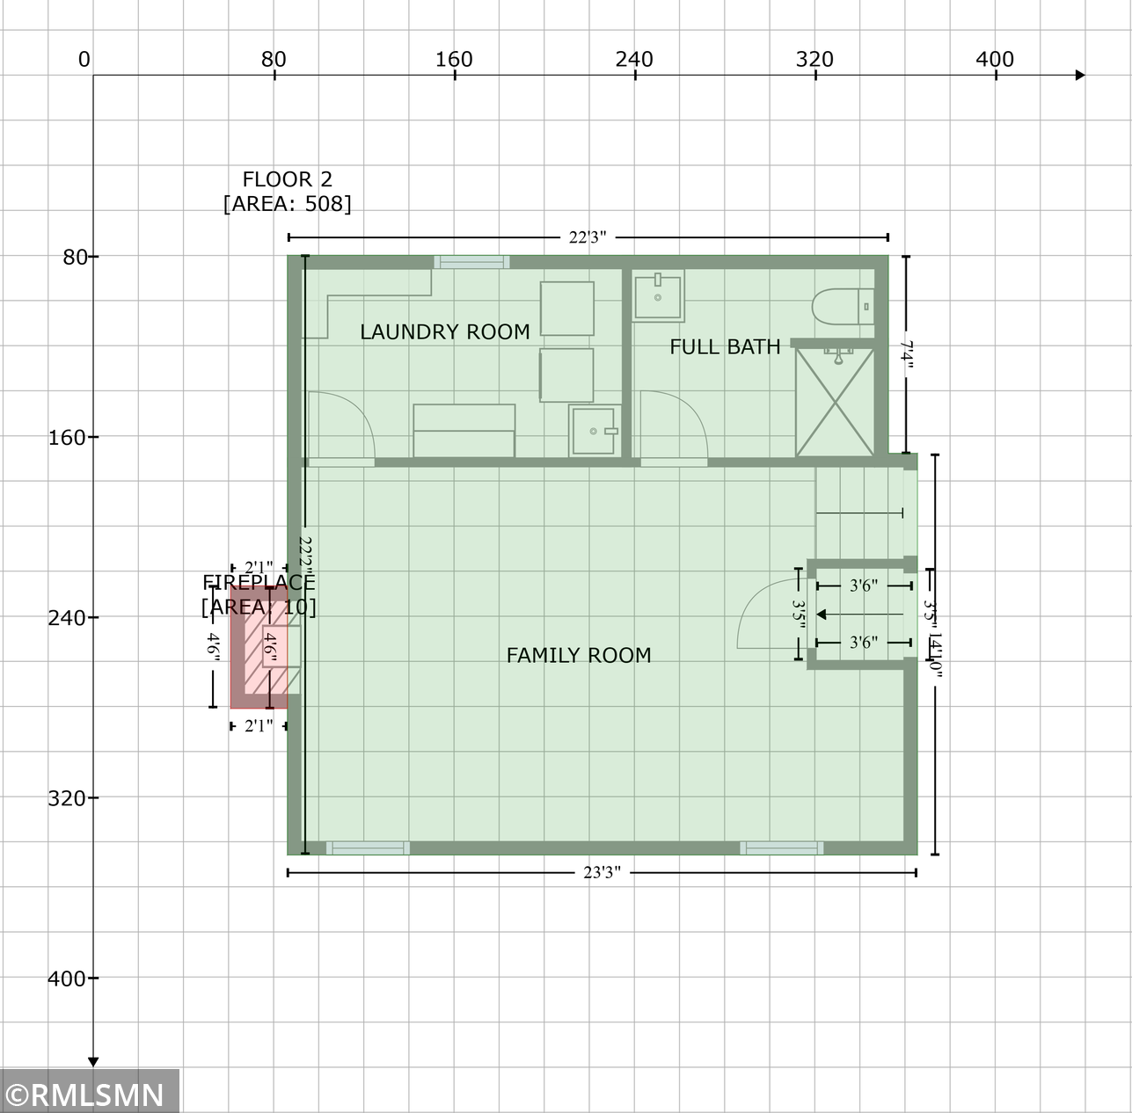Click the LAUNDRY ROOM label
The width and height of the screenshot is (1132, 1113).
click(x=444, y=331)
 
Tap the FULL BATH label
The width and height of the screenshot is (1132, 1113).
click(x=725, y=346)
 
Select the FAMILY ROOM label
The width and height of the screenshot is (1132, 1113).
click(x=578, y=655)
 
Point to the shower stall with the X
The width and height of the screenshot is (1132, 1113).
click(x=834, y=402)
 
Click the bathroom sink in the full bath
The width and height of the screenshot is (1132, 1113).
click(x=657, y=297)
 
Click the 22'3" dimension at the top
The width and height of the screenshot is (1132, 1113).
click(x=587, y=237)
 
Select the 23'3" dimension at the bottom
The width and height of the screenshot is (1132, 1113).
click(x=602, y=873)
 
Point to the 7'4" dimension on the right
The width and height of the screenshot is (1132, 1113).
click(x=907, y=355)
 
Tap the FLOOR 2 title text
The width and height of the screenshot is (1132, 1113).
click(x=287, y=179)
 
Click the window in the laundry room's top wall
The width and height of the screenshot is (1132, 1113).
click(x=471, y=262)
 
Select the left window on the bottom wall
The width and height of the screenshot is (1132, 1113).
click(x=368, y=847)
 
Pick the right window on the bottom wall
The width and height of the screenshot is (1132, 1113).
click(x=781, y=847)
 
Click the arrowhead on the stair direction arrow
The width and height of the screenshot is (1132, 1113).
click(x=822, y=615)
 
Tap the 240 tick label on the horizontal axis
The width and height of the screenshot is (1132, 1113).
click(x=634, y=59)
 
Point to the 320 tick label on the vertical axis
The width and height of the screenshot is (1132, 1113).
click(x=67, y=798)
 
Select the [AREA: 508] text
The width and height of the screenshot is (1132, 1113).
click(x=287, y=204)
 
